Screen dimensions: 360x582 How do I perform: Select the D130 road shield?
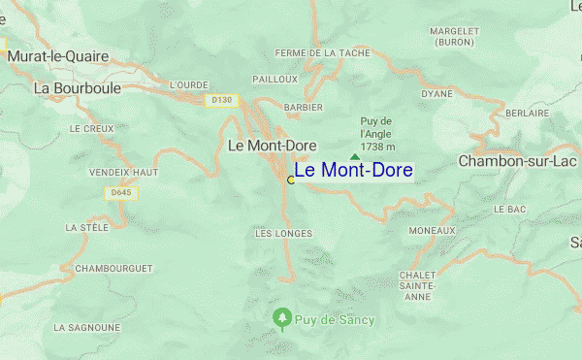222,99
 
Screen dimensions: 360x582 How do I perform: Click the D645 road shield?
121,193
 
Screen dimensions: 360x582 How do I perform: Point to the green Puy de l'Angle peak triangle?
355,156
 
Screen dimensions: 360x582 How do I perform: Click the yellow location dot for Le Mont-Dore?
291,180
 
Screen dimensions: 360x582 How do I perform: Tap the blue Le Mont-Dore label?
353,171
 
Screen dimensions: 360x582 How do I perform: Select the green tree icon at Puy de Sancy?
281,317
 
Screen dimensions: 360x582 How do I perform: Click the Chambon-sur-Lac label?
518,160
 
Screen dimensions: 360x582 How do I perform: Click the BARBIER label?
303,107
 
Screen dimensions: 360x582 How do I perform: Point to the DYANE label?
437,93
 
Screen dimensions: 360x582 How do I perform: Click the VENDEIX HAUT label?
123,172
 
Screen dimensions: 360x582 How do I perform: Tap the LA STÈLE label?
86,227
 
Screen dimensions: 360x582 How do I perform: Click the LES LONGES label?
283,233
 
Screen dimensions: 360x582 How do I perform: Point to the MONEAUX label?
432,230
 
